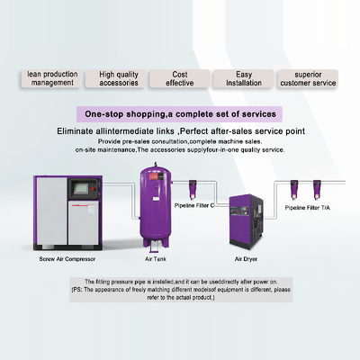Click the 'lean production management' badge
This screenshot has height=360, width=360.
51,78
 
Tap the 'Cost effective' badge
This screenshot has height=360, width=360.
180,78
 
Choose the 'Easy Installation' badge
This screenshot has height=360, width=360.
244,78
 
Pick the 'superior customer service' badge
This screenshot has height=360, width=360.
308,78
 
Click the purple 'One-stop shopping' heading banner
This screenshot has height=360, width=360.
179,114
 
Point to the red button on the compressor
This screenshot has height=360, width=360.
94,189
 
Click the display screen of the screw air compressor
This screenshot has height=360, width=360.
81,188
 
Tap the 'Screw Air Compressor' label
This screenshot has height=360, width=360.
67,259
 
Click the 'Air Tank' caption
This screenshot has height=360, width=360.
156,259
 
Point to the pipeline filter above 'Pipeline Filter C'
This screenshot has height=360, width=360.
193,189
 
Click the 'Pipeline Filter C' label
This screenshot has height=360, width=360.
194,206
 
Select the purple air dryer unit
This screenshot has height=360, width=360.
247,220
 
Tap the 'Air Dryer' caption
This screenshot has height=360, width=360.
246,259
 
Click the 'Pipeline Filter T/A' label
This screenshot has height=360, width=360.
307,208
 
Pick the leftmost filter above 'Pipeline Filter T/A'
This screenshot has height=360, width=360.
294,190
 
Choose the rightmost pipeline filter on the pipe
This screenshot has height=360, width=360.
317,190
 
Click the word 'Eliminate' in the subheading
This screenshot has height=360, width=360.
75,131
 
